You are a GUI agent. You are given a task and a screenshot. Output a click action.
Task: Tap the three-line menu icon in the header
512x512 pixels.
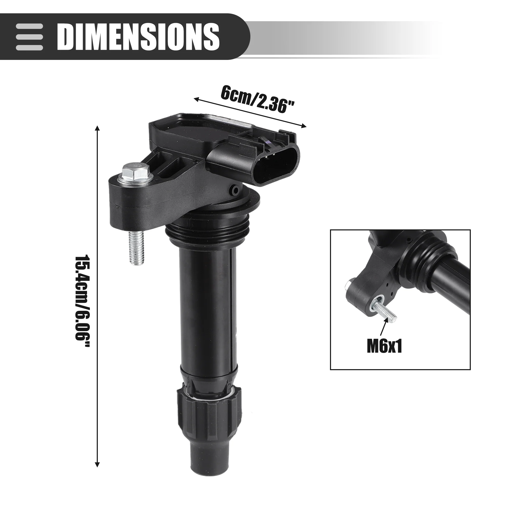click(x=29, y=37)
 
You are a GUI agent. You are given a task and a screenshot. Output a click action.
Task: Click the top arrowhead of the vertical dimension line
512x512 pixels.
click(x=97, y=129)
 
